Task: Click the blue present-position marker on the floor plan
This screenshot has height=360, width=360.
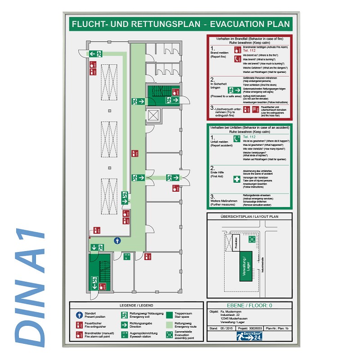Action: point(117,240)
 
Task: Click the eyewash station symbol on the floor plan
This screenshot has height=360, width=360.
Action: point(127,257)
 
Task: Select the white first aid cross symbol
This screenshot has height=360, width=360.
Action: point(237,179)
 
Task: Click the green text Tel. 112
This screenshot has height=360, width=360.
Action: point(249,136)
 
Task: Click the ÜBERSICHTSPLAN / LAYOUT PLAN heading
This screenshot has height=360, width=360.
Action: point(249,217)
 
